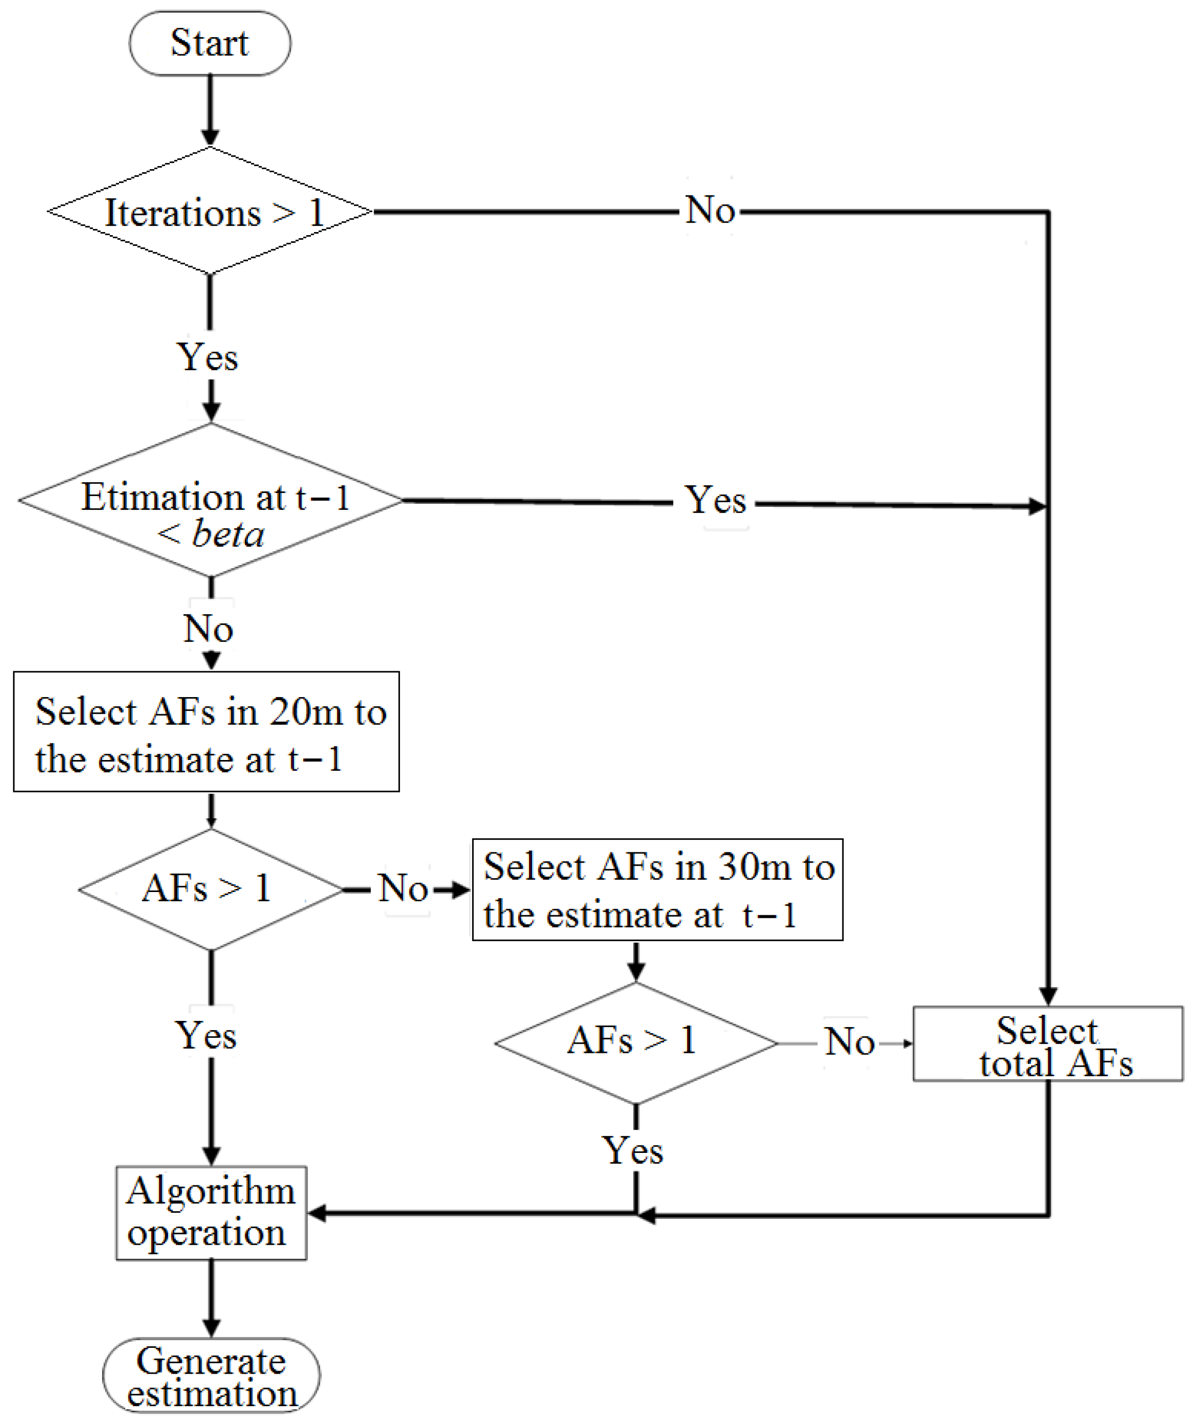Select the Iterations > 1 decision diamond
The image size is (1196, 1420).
tap(210, 211)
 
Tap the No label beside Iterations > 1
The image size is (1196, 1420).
tap(709, 210)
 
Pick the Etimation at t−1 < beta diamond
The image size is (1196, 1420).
tap(210, 501)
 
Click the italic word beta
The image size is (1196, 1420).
tap(228, 534)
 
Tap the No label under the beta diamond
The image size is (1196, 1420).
tap(208, 629)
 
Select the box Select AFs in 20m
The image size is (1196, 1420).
tap(206, 732)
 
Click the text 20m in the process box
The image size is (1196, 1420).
tap(306, 712)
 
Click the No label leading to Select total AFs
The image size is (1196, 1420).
tap(849, 1042)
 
